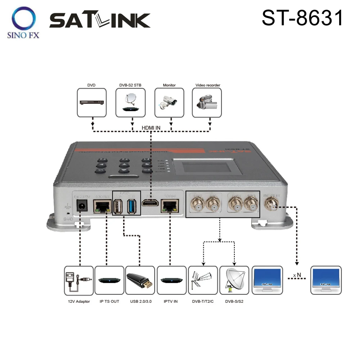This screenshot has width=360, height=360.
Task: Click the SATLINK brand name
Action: point(100,21)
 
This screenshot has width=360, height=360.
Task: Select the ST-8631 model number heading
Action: point(302,18)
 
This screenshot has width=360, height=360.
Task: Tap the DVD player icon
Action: point(92,103)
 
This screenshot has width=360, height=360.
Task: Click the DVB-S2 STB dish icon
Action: point(131,103)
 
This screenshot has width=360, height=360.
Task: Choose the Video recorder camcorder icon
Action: point(207,103)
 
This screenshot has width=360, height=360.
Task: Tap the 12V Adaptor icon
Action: point(78,281)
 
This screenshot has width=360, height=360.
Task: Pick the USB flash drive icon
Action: point(140,281)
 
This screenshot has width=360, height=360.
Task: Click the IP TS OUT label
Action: point(109,301)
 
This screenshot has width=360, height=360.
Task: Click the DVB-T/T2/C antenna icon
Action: point(203,281)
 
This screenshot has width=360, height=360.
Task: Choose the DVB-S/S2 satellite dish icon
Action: point(234,281)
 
